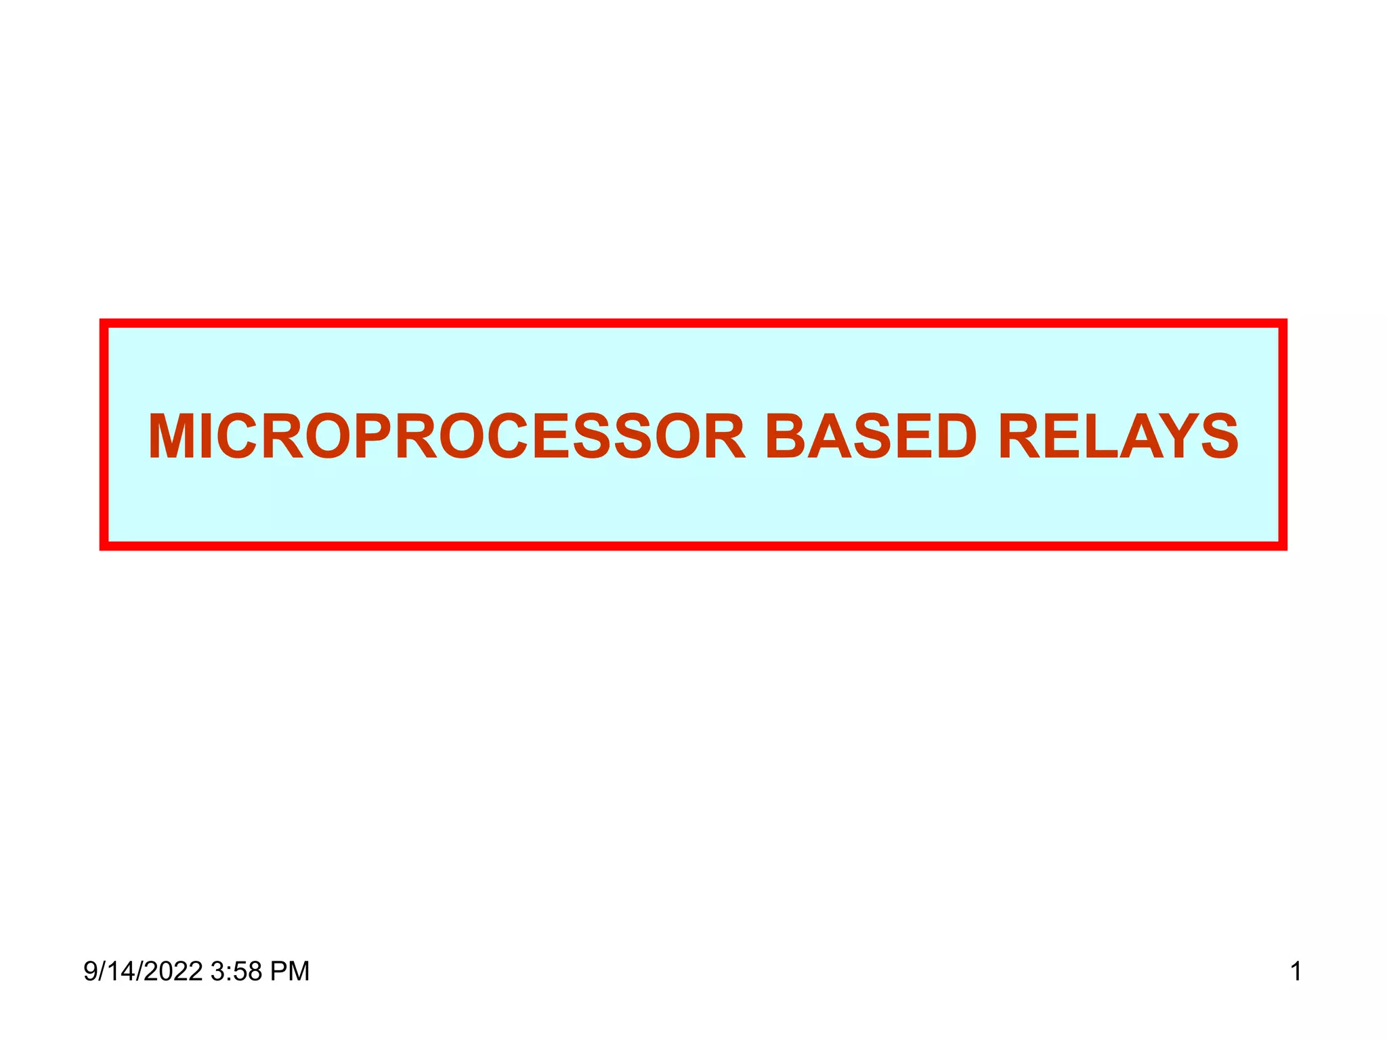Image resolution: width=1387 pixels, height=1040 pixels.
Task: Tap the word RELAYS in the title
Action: tap(1118, 437)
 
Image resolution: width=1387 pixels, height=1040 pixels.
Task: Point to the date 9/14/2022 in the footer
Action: tap(143, 972)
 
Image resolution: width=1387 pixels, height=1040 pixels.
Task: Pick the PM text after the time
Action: tap(290, 972)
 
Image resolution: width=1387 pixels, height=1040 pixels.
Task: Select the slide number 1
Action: tap(1296, 972)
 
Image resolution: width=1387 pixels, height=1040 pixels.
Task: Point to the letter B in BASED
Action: tap(787, 437)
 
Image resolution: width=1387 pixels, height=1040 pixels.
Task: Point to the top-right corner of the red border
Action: tap(1283, 323)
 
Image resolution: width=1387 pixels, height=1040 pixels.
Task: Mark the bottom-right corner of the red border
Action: tap(1283, 546)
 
